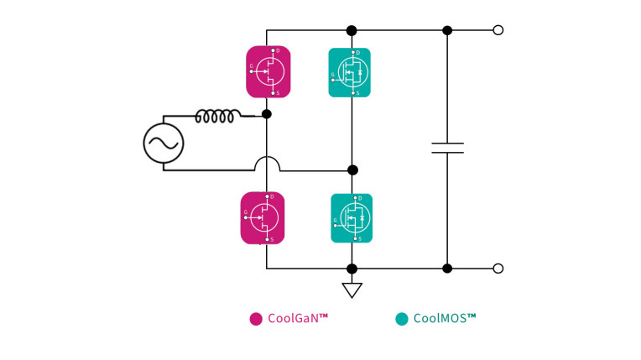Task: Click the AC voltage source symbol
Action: (x=164, y=143)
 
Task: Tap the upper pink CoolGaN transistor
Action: (x=268, y=72)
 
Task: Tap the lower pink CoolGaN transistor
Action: (x=263, y=218)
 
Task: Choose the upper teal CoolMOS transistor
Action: (x=349, y=73)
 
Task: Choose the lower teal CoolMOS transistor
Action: (x=352, y=218)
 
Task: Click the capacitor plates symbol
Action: (x=447, y=148)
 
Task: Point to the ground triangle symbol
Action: (x=352, y=290)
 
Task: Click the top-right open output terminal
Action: (x=498, y=30)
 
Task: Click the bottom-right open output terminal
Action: (x=498, y=269)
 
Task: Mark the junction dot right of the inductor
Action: (x=267, y=113)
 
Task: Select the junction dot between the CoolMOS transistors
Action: (x=352, y=170)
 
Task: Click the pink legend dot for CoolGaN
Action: (x=256, y=319)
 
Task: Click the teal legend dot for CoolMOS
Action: (x=402, y=319)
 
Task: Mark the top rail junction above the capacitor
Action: (x=447, y=30)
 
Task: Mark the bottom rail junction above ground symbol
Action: (x=352, y=269)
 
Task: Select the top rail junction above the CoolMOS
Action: (x=352, y=30)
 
